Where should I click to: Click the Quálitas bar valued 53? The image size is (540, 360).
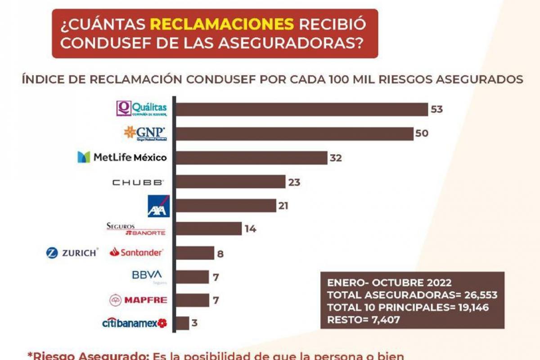point(301,109)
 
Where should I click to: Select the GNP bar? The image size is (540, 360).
point(294,134)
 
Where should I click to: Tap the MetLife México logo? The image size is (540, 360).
point(122,157)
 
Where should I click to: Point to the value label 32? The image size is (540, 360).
point(336,158)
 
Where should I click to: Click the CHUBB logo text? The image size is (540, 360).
point(138,182)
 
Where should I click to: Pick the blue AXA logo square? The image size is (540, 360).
point(158,206)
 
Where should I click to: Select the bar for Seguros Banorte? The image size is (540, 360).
point(208,229)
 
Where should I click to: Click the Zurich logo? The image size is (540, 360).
point(72,253)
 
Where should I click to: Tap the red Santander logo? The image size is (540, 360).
point(136,252)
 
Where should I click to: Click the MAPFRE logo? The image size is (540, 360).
point(138,300)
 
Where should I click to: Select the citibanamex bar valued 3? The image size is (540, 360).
point(182,323)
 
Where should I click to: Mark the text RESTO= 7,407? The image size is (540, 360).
point(363,319)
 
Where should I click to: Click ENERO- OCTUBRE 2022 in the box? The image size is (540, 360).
point(389,283)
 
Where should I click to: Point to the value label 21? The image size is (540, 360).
point(283,206)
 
